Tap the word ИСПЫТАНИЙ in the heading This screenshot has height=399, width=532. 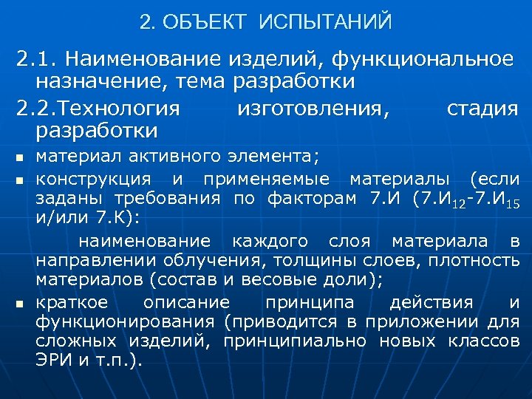pyautogui.click(x=326, y=23)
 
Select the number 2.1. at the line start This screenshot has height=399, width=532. pyautogui.click(x=41, y=58)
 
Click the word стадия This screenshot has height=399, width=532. pyautogui.click(x=482, y=109)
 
